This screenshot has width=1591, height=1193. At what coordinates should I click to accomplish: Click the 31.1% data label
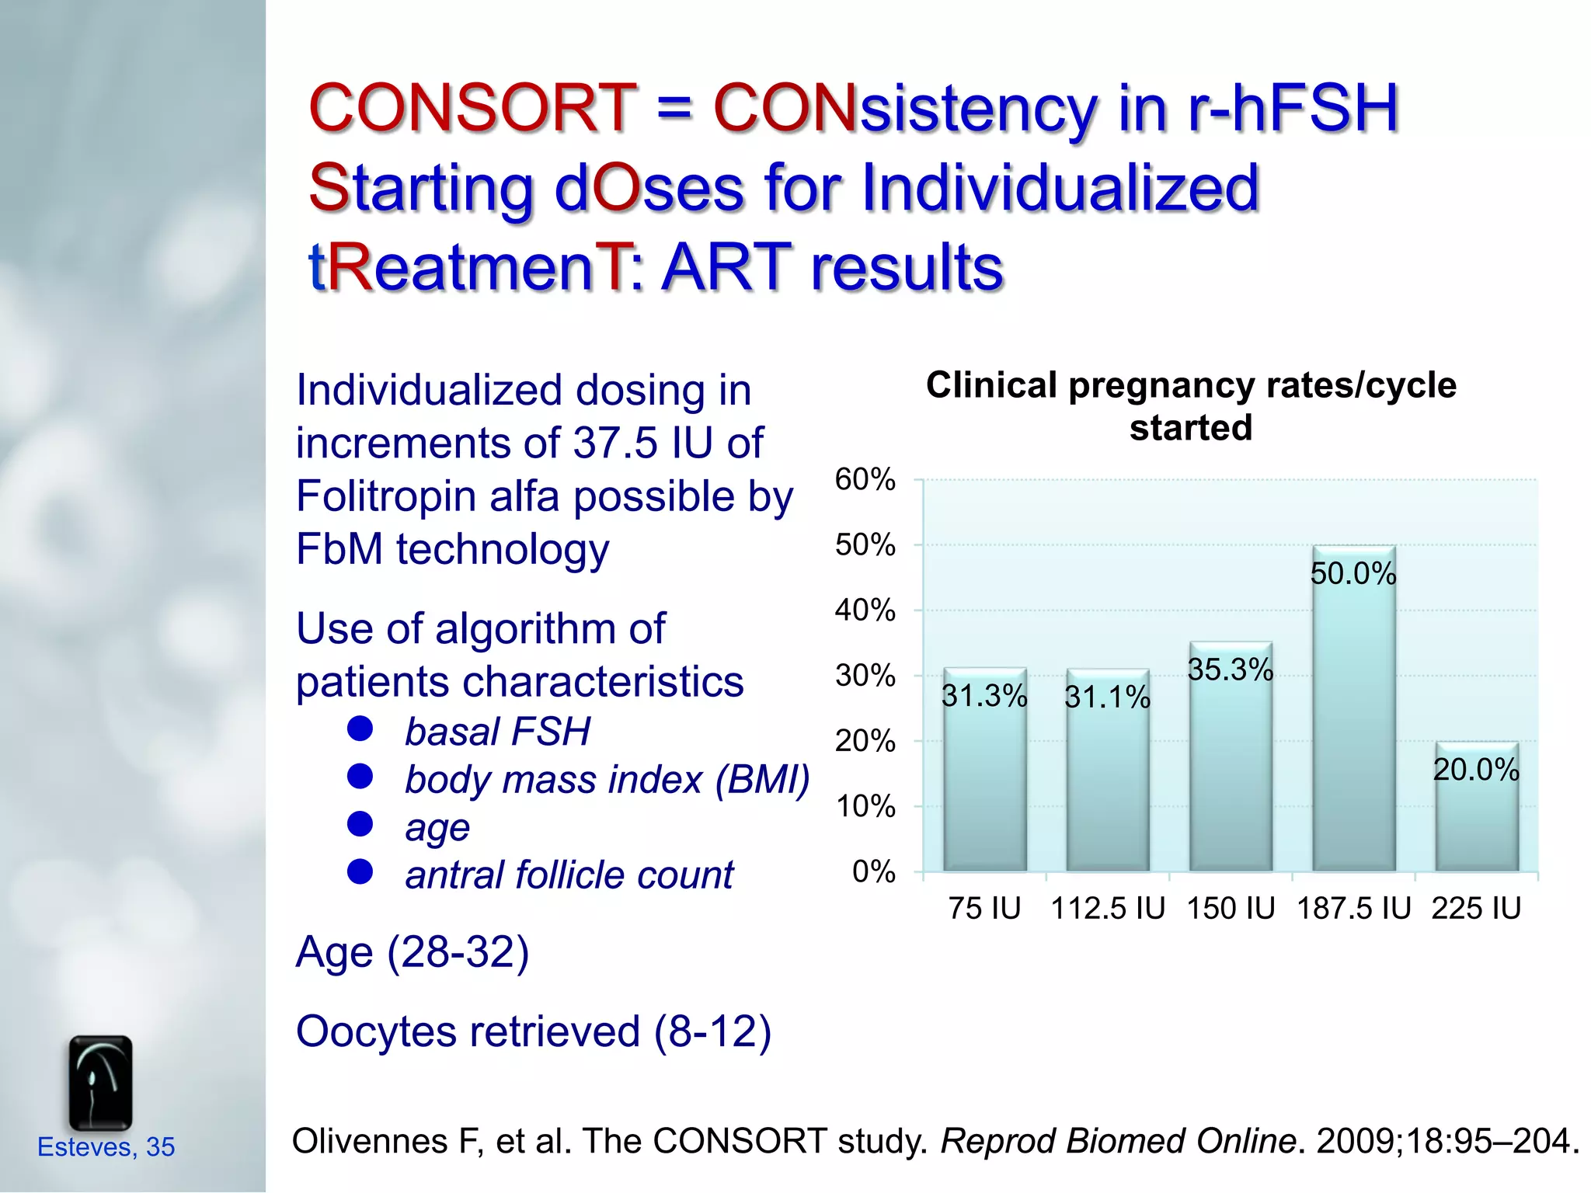(x=1107, y=697)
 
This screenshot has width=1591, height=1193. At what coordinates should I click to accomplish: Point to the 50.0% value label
(x=1353, y=574)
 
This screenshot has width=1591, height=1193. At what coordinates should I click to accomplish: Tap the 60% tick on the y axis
(x=865, y=479)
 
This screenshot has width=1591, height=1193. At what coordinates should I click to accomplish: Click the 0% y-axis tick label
(x=873, y=871)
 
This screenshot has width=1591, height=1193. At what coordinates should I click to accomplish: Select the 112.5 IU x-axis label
(x=1108, y=908)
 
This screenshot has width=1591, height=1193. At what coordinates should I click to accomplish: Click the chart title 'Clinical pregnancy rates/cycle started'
(x=1191, y=405)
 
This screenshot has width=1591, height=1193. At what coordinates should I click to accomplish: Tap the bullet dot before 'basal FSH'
(x=360, y=729)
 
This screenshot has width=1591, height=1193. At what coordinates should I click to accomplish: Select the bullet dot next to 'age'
(x=360, y=823)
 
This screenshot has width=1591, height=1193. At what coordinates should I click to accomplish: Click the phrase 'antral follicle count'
(x=569, y=875)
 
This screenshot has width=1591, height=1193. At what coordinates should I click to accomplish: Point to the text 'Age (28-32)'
(x=413, y=952)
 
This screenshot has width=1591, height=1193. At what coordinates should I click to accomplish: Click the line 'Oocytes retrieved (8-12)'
(x=534, y=1031)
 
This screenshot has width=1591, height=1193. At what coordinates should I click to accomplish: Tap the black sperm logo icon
(x=100, y=1083)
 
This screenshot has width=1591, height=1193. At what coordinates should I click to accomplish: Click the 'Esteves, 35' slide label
(x=106, y=1146)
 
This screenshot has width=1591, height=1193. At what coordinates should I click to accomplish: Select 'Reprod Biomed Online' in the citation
(x=1117, y=1141)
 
